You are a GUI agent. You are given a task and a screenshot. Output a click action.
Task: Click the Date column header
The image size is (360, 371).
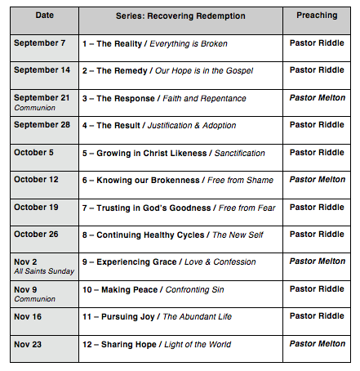point(44,15)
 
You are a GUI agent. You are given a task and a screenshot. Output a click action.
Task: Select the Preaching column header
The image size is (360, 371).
point(316,15)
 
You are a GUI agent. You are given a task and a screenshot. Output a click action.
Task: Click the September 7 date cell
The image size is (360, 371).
point(41,42)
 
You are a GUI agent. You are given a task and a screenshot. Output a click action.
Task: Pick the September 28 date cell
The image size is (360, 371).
point(43,124)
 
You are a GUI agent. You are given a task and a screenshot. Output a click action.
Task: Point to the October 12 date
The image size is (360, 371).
point(38,179)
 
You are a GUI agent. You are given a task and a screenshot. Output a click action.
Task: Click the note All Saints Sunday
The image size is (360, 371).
point(39,270)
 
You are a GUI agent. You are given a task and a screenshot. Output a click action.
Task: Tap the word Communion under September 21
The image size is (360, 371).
point(32,106)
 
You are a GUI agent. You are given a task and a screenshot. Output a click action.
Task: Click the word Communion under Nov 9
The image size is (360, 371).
point(32,297)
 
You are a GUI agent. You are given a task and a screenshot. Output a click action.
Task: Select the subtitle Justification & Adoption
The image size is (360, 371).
point(193,125)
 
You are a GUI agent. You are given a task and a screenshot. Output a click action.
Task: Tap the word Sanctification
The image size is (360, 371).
point(238,152)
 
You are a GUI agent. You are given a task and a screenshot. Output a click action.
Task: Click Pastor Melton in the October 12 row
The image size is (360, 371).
point(317,179)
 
